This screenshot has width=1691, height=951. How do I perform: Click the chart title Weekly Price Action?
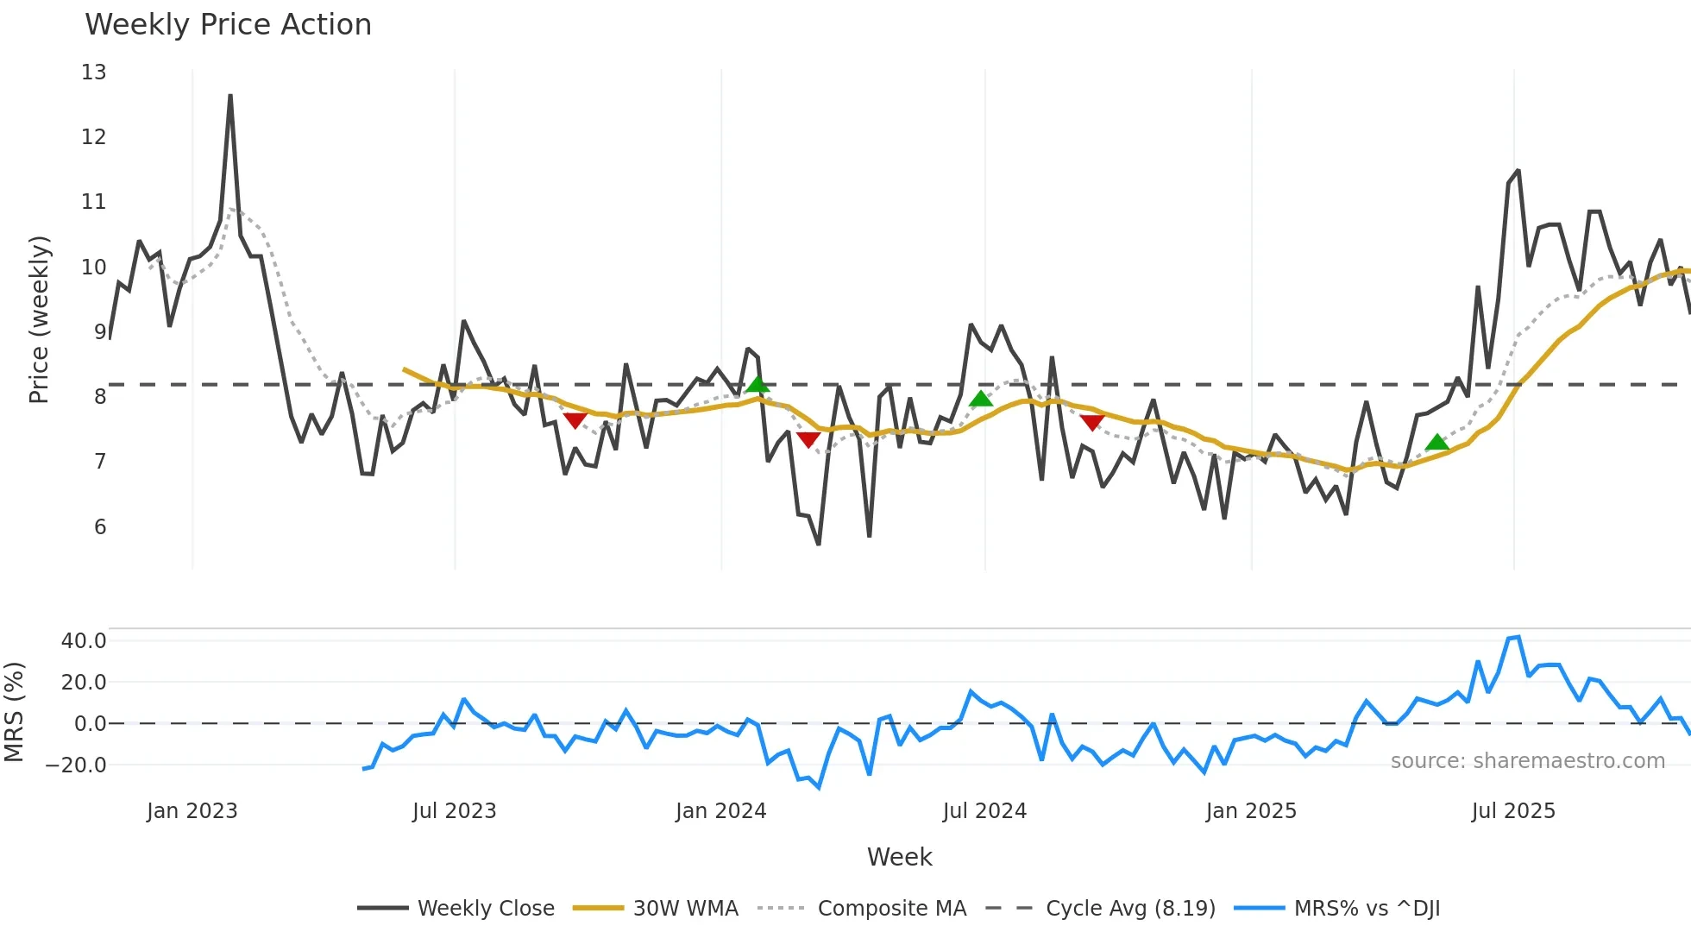[228, 25]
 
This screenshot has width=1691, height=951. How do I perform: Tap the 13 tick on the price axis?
[94, 72]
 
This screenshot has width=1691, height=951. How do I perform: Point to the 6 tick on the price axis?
[100, 527]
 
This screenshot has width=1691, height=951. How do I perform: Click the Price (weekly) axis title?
[39, 319]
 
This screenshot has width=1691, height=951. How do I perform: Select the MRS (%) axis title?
[14, 712]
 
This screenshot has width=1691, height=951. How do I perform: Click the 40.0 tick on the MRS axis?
[84, 641]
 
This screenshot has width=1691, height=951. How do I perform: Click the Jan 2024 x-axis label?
[720, 811]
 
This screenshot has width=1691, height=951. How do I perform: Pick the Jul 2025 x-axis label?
[1513, 811]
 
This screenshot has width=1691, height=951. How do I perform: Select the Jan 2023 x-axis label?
[192, 811]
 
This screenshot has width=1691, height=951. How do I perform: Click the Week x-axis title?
[899, 857]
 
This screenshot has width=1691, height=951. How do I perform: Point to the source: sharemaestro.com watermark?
[1527, 761]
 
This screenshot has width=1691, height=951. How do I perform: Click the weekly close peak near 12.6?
[230, 96]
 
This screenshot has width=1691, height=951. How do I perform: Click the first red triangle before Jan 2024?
[575, 420]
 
